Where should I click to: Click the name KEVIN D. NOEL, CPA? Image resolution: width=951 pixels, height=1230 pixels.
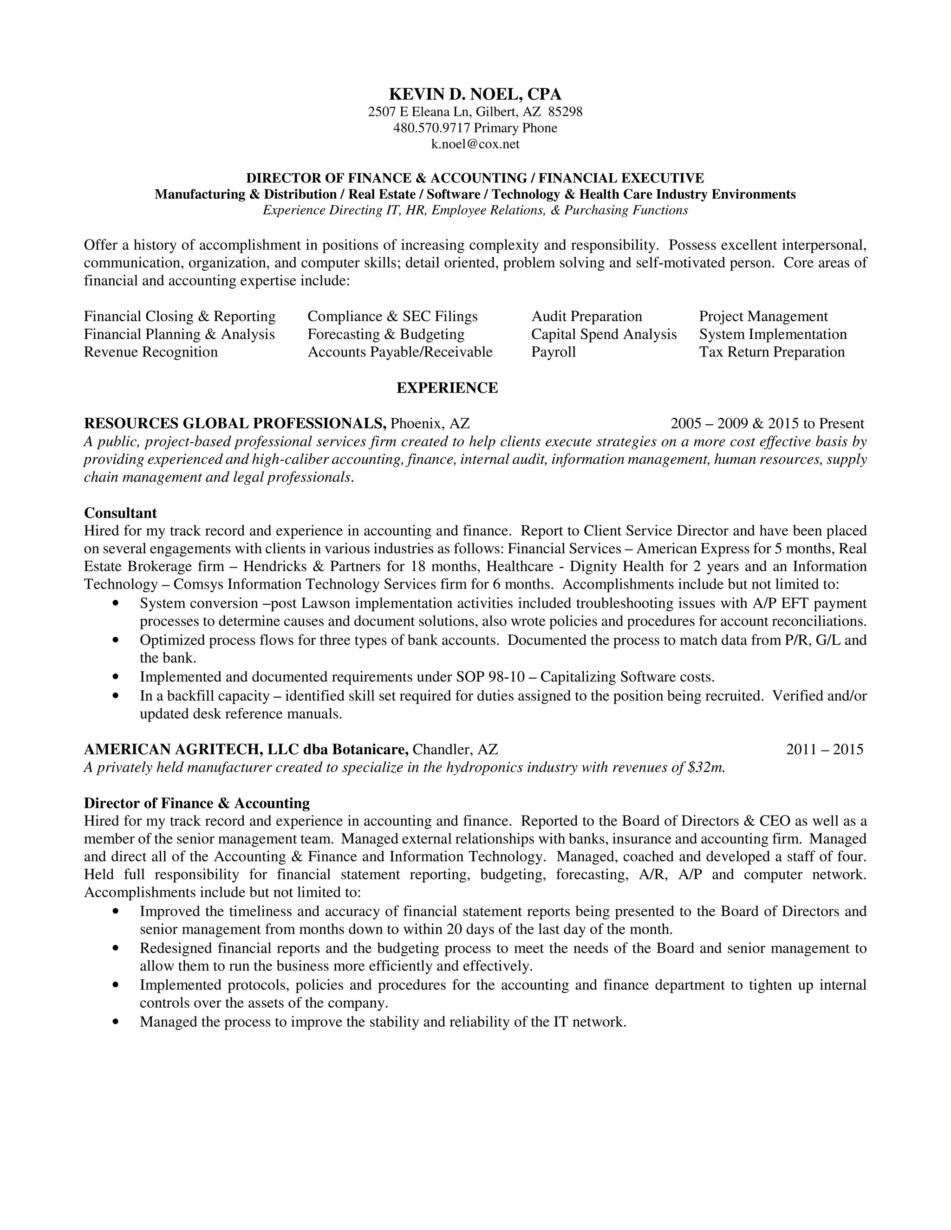click(475, 94)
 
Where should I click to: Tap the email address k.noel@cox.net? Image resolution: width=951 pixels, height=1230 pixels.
click(475, 144)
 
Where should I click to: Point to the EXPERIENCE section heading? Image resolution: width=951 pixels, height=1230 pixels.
click(447, 388)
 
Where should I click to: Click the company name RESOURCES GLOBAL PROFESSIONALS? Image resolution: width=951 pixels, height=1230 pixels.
click(235, 423)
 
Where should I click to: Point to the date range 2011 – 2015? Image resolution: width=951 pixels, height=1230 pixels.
click(824, 750)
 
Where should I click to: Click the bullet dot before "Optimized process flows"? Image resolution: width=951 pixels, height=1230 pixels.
click(116, 641)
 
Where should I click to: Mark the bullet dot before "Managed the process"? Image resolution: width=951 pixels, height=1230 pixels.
click(116, 1022)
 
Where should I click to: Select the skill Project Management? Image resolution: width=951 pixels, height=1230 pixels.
click(763, 317)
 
